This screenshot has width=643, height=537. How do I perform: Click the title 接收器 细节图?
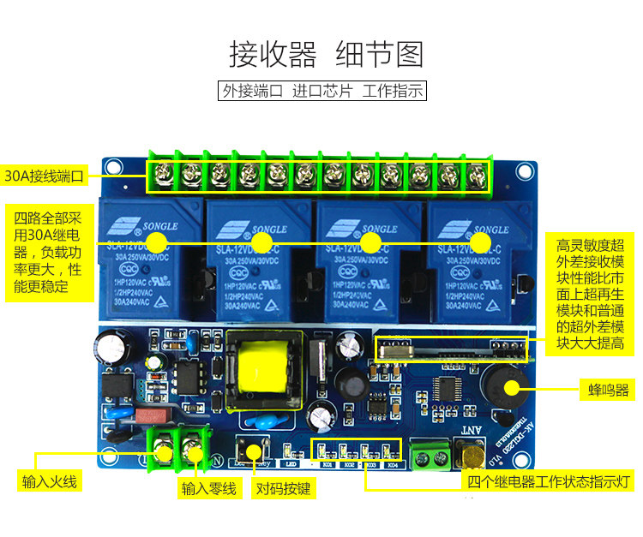(x=326, y=53)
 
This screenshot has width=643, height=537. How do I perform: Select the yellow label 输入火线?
(x=50, y=481)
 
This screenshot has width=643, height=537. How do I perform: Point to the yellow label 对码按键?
(x=285, y=489)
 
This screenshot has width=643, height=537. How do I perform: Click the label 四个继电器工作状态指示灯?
(x=548, y=480)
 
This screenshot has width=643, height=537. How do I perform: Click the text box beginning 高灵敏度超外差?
(x=590, y=282)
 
